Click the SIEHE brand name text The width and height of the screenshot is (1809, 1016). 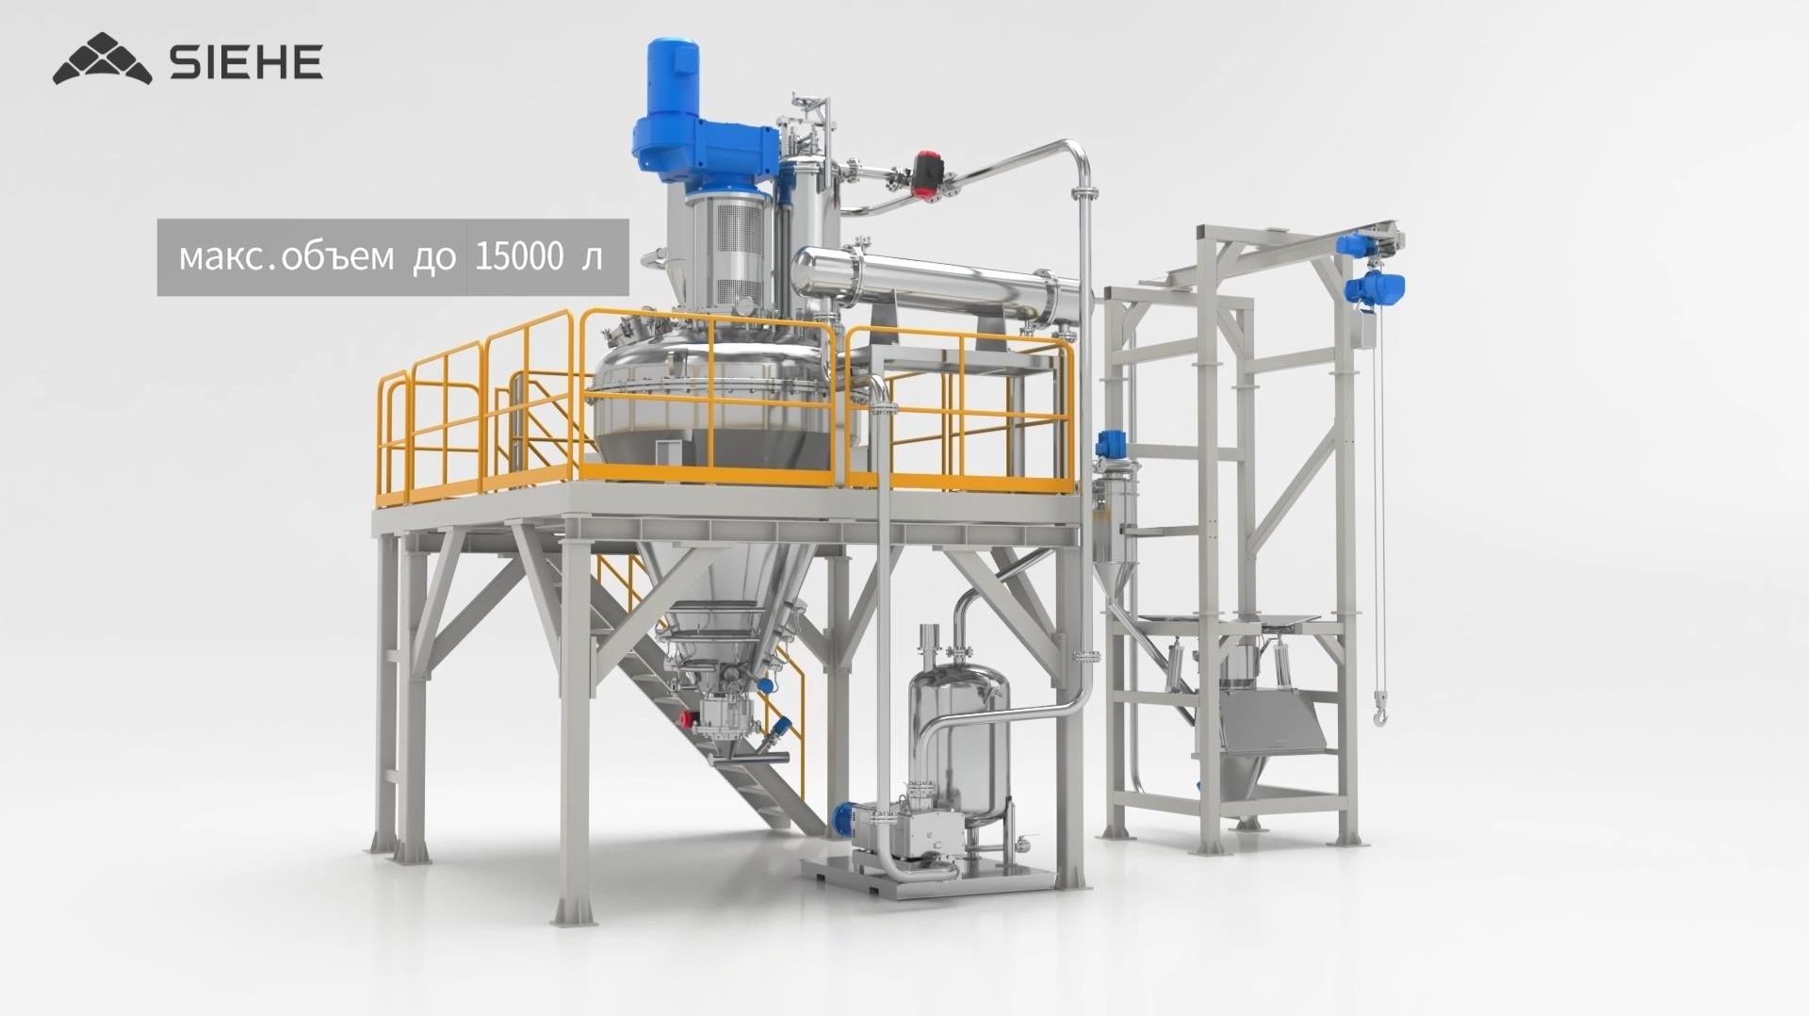coord(246,61)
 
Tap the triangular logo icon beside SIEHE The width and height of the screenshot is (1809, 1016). coord(103,58)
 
